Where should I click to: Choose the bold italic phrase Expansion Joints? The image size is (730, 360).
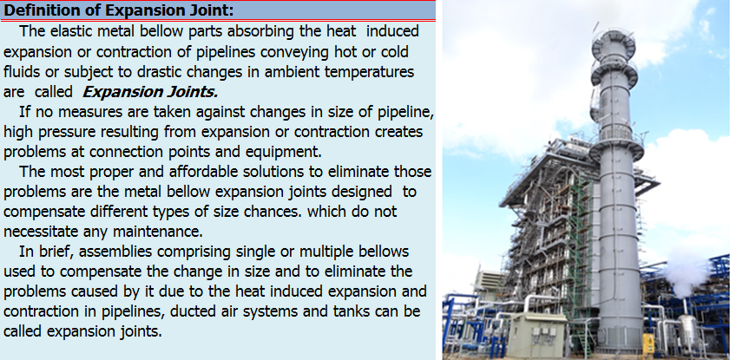pyautogui.click(x=150, y=92)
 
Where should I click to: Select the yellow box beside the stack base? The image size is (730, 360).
pyautogui.click(x=648, y=344)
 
